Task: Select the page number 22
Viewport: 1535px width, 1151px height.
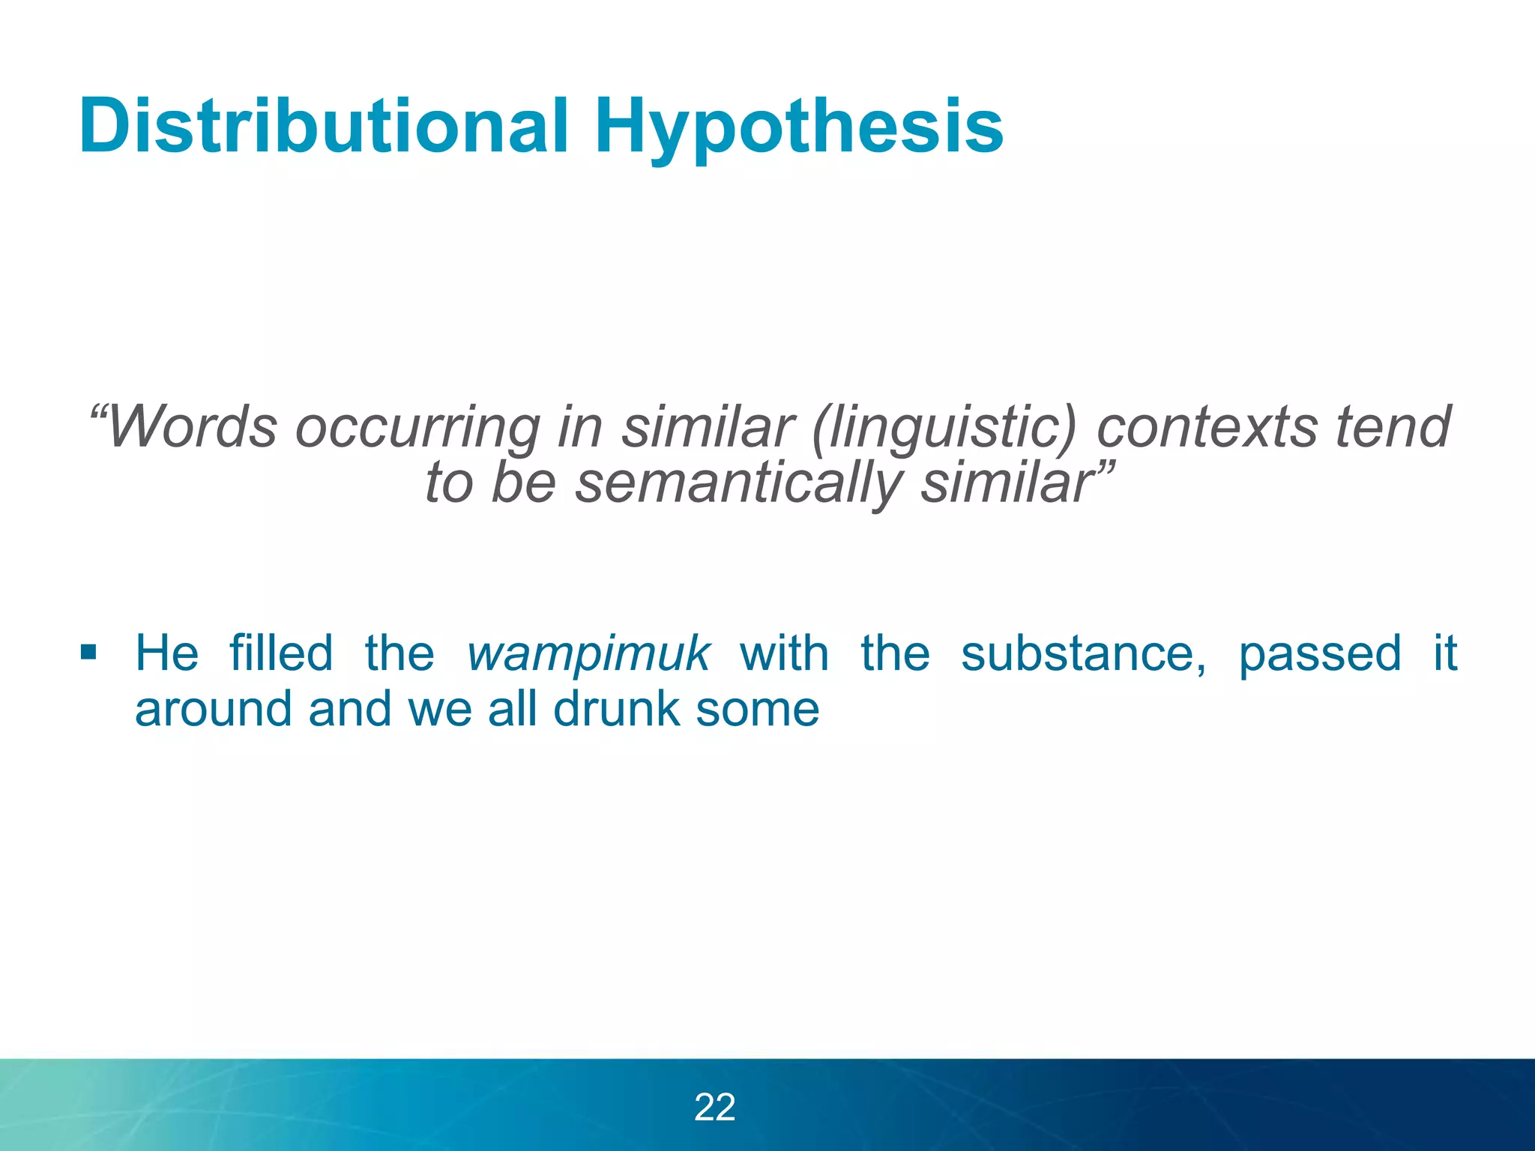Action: click(x=715, y=1107)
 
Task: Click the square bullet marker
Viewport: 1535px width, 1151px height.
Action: click(x=88, y=652)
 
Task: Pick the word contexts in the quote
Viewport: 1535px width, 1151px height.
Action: click(x=1206, y=427)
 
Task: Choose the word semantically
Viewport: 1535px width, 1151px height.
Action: click(x=739, y=483)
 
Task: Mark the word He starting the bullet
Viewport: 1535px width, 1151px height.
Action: click(x=166, y=653)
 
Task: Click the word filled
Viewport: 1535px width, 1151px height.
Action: click(x=281, y=653)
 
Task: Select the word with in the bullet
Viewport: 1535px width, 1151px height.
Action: click(x=784, y=653)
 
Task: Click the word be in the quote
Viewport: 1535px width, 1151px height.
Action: click(x=522, y=483)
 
